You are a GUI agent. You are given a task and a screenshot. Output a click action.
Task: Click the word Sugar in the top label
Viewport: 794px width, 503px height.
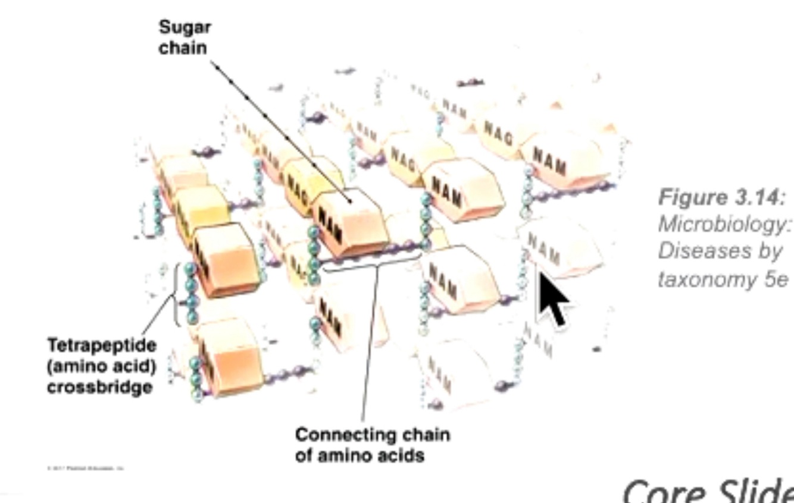(185, 27)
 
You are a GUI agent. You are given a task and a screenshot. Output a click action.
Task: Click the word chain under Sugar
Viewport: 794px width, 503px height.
(183, 48)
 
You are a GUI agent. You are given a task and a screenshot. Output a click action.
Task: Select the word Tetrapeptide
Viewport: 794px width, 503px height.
(102, 345)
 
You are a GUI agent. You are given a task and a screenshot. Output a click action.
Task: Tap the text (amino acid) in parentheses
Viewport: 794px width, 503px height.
(101, 366)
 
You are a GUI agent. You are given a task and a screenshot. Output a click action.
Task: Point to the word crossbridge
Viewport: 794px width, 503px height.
(99, 386)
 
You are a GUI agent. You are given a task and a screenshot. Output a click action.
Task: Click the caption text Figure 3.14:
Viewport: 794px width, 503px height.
(722, 197)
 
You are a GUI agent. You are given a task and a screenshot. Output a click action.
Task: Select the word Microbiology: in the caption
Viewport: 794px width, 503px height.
(725, 224)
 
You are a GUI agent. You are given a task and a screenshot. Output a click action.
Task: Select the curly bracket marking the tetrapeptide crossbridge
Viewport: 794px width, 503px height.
(177, 295)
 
